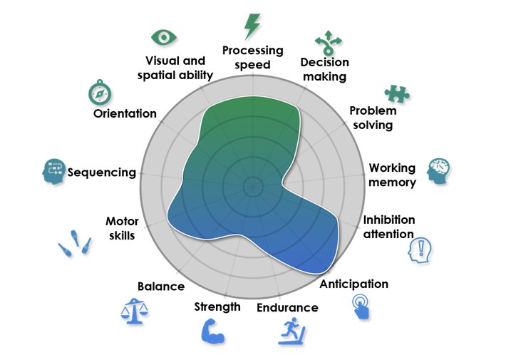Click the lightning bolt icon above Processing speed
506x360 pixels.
point(252,26)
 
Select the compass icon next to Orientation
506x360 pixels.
point(99,92)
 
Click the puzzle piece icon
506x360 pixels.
point(396,93)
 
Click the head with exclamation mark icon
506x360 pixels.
point(420,251)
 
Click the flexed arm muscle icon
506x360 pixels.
point(212,331)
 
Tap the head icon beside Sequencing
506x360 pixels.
point(53,172)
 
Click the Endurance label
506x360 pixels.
point(287,308)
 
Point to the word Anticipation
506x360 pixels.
point(353,284)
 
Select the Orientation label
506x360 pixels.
point(125,113)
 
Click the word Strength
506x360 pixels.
point(217,307)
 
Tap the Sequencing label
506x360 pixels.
point(101,172)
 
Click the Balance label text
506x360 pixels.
point(160,287)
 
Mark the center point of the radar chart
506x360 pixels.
point(252,187)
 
